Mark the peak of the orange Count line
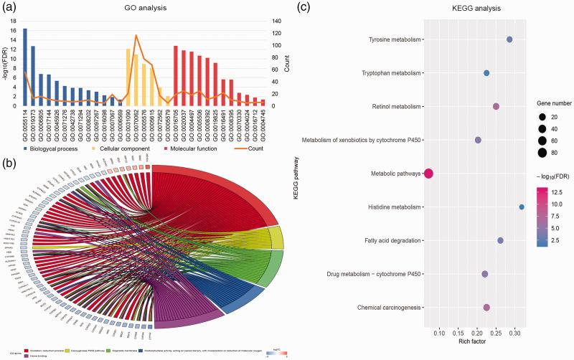pos(136,35)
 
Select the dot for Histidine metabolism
pos(522,207)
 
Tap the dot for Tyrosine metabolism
pos(509,39)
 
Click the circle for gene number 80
pos(543,153)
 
